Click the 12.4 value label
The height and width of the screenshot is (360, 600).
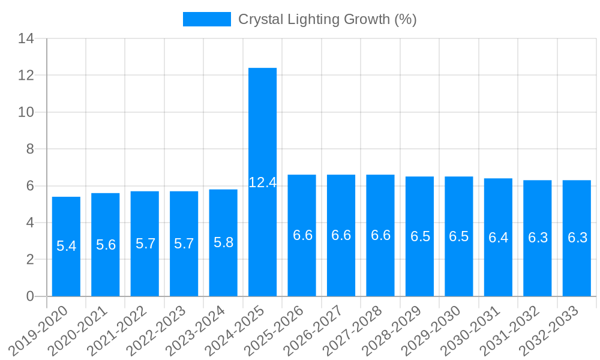(263, 182)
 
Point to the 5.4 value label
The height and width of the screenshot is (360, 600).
(66, 246)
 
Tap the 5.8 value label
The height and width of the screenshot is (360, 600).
(223, 242)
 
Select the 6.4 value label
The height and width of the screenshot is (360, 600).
(498, 238)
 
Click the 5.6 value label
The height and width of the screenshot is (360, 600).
(106, 245)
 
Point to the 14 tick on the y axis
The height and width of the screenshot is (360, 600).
(26, 39)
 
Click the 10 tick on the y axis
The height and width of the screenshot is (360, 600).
(26, 112)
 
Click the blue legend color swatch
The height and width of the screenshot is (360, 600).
(206, 19)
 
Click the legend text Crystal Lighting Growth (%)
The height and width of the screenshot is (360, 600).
(327, 19)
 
